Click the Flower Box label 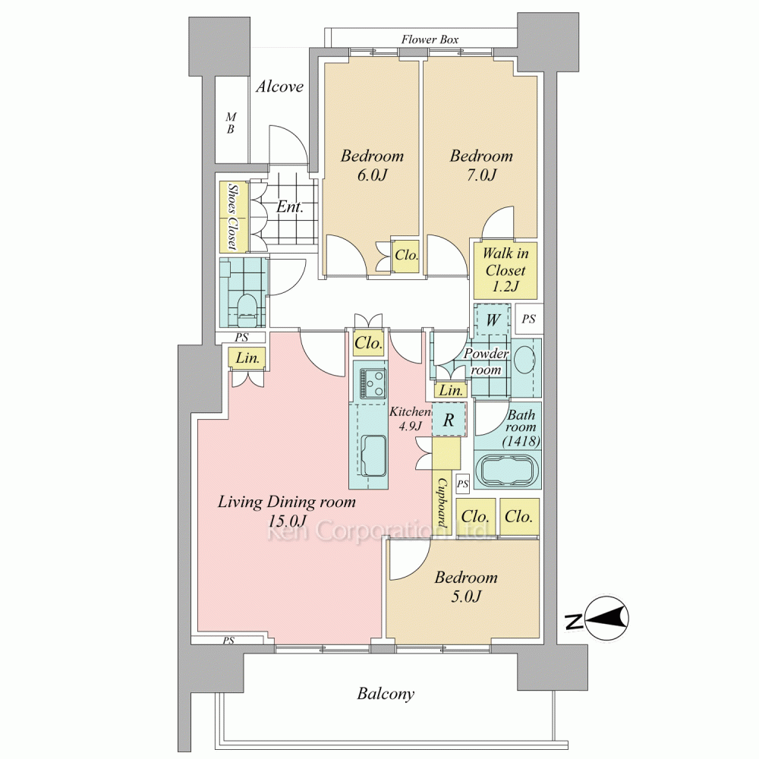(x=430, y=39)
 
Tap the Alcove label (x=279, y=87)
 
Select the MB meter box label (x=231, y=123)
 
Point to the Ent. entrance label (x=289, y=207)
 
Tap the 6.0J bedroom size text (x=372, y=175)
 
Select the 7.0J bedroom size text (x=481, y=175)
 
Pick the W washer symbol (x=493, y=320)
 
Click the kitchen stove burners (x=373, y=383)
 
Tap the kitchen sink (x=373, y=455)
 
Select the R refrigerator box (x=449, y=420)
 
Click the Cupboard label (x=442, y=503)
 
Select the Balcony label (x=386, y=694)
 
